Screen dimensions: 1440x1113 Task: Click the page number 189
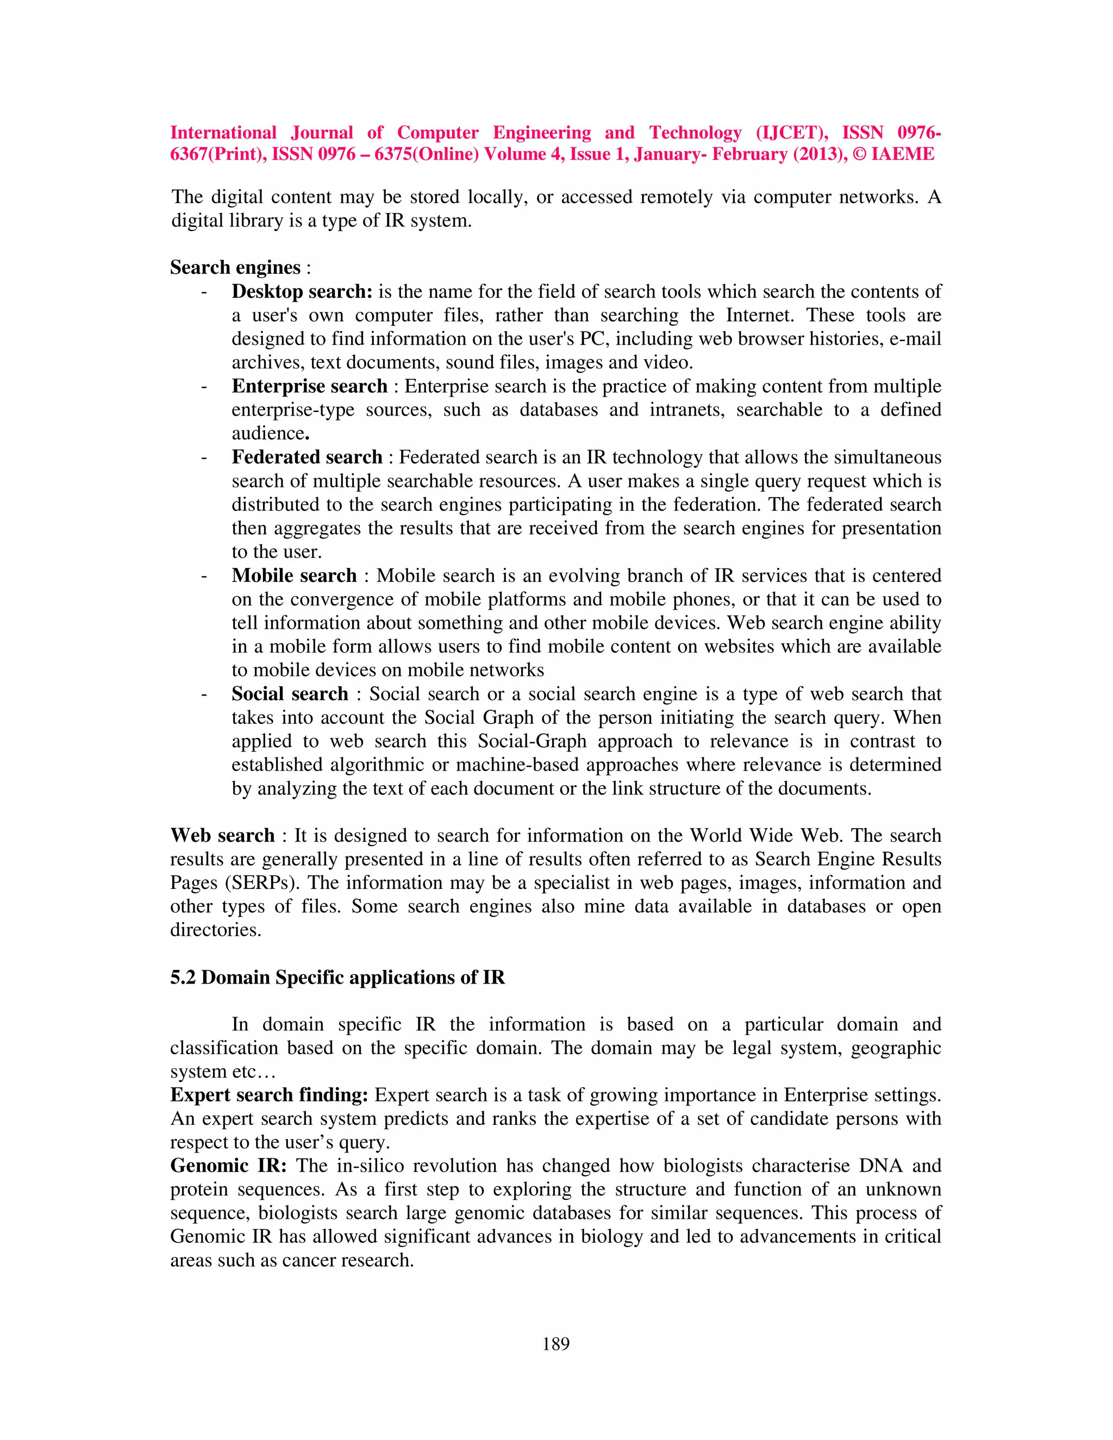556,1343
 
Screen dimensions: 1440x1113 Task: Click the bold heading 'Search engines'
235,267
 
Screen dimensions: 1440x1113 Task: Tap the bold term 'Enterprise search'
309,386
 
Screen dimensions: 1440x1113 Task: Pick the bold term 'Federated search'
307,457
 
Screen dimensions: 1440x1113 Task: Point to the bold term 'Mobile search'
294,575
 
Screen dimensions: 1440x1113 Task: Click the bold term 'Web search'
222,835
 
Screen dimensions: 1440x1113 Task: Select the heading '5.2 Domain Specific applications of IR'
337,977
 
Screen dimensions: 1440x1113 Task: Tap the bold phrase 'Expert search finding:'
269,1095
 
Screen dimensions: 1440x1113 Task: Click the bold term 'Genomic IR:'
228,1166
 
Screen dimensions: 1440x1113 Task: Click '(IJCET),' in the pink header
792,133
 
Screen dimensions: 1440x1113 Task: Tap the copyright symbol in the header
860,154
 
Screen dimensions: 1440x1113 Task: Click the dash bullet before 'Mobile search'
204,575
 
